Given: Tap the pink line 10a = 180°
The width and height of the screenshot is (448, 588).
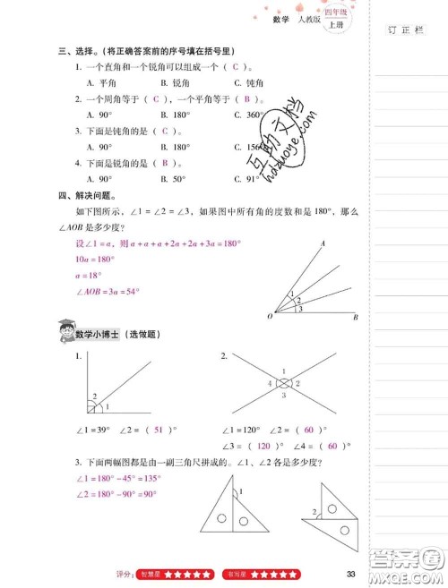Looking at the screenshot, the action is (82, 259).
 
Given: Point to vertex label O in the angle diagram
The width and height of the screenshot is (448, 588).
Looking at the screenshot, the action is (270, 317).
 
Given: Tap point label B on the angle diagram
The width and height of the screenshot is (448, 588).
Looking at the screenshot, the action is (356, 318).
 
